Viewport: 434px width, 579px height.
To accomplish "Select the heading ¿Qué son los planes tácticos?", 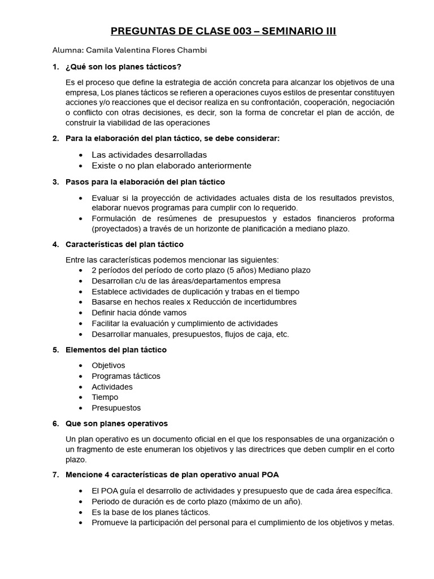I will click(x=123, y=67).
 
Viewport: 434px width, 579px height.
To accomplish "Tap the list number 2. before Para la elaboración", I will click(x=55, y=139).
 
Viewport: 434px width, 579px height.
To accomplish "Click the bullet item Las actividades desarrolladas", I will click(x=149, y=154).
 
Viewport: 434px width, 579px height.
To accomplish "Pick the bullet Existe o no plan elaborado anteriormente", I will click(x=171, y=166).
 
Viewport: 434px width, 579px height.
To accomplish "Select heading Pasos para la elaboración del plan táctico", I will click(x=145, y=182).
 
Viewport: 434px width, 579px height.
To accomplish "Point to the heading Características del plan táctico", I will click(x=124, y=244).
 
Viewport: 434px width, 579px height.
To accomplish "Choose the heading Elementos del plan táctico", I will click(x=116, y=349).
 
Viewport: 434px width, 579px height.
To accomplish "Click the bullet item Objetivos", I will click(x=108, y=365).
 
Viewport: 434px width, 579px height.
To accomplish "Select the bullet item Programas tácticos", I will click(x=126, y=376).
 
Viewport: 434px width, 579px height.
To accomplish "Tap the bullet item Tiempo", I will click(x=105, y=397).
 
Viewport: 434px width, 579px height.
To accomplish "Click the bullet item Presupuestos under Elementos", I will click(x=116, y=408).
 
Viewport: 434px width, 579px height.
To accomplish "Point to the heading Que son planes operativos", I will click(x=116, y=424).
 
